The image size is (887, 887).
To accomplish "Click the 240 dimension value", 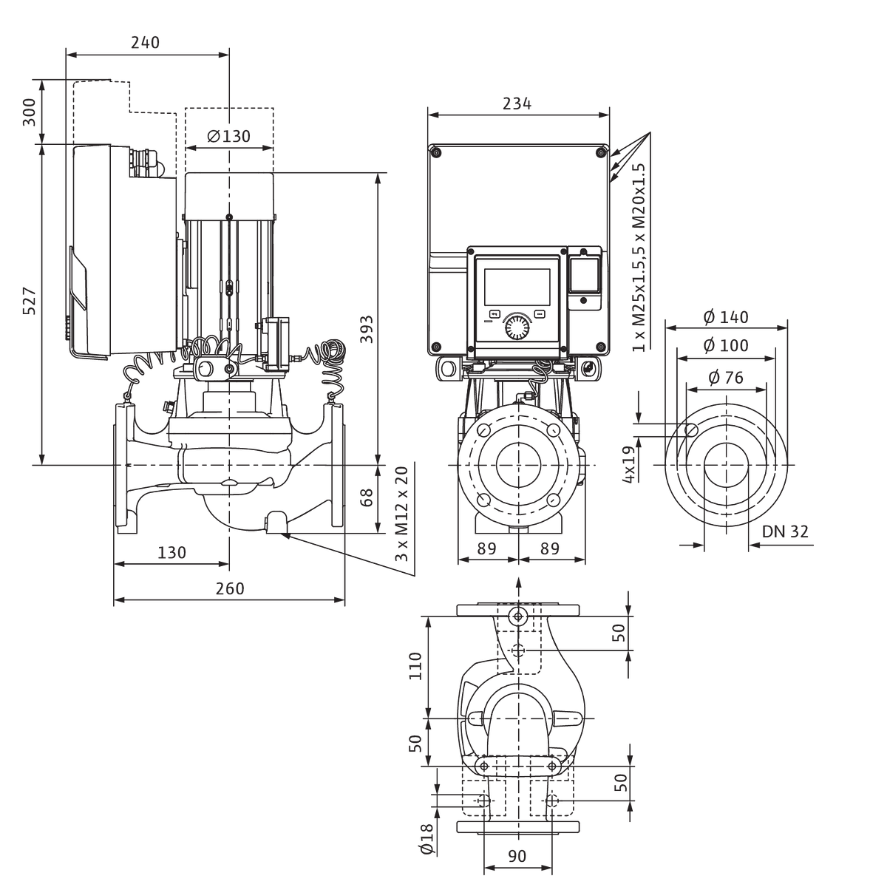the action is pos(145,42).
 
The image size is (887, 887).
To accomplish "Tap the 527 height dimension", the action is pos(30,301).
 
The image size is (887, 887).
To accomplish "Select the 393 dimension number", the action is pos(367,329).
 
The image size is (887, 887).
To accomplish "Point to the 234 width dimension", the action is pos(517,103).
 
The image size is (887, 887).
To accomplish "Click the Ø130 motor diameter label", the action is pos(228,136).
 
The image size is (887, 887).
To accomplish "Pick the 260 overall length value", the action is pos(230,588).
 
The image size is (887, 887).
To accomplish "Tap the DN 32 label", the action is pos(785,531).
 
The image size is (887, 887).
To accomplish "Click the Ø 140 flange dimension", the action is pos(726,316).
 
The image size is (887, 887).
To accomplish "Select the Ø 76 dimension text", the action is pos(726,378).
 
